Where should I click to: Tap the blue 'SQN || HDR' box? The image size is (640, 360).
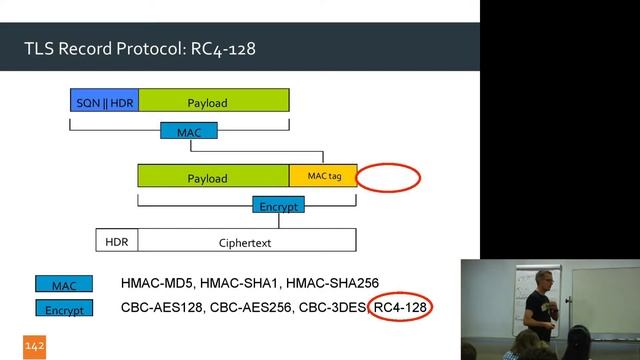104,101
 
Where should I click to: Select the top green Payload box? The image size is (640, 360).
213,101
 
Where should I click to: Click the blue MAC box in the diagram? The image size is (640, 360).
189,131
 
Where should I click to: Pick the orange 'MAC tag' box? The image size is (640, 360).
323,176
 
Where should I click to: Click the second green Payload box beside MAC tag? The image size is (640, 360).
213,177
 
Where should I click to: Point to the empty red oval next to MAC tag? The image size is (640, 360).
388,177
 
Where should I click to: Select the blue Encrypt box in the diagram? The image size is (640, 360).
278,205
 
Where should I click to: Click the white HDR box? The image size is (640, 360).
117,241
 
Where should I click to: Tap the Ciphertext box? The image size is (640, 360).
246,241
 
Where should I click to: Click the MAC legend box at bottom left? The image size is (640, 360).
63,286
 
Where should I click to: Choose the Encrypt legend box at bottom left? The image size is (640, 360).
63,309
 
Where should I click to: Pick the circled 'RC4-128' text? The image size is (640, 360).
400,309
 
